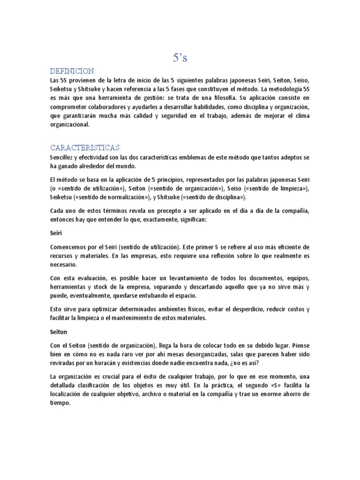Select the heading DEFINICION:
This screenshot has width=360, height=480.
click(73, 71)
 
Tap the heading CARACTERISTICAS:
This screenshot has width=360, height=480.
click(85, 148)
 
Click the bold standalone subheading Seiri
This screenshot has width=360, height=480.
click(55, 232)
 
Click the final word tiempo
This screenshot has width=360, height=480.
click(59, 402)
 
